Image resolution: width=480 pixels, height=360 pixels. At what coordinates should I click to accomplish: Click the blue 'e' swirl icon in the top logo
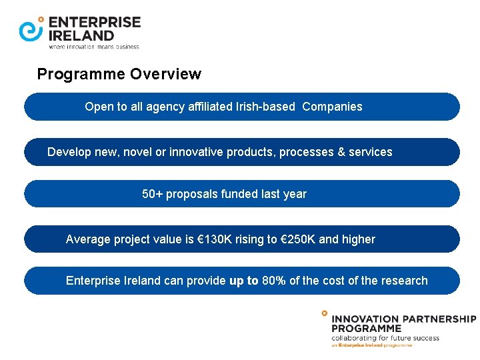[31, 29]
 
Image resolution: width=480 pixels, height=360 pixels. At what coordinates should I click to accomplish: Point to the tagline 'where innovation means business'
[94, 47]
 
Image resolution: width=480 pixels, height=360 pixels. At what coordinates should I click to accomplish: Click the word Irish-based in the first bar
[265, 107]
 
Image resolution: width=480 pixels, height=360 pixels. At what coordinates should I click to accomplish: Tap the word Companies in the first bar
[332, 107]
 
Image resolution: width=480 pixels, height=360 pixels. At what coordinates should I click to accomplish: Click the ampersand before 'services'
[342, 152]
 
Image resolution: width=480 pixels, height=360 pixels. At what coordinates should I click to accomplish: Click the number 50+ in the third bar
[153, 194]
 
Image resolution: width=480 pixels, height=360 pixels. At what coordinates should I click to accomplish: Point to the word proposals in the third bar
[192, 194]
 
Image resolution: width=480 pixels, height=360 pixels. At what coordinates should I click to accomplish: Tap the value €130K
[215, 239]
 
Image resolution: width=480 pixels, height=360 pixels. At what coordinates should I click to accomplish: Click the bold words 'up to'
[243, 281]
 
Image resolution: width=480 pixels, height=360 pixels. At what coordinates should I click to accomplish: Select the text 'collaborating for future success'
[385, 337]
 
